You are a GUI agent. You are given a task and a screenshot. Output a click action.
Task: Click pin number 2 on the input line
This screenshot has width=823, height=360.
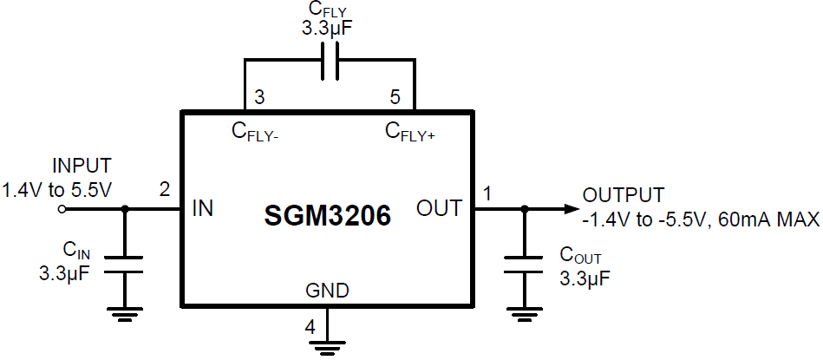pos(164,189)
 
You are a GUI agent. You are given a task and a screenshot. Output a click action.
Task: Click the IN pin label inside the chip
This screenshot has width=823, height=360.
pos(202,208)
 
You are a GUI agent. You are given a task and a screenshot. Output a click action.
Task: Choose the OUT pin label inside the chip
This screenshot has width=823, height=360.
pos(440,208)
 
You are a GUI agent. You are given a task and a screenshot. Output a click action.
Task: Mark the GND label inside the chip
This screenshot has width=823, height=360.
pos(327,291)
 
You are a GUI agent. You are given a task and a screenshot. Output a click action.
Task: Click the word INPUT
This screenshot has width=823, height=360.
pos(82,166)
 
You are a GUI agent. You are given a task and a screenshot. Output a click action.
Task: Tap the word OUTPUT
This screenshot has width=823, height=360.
pos(624,194)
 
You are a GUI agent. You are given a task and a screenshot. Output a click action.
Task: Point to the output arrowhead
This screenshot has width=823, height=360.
pos(569,208)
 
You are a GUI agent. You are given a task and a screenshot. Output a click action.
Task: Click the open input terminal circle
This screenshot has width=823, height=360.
pos(61,209)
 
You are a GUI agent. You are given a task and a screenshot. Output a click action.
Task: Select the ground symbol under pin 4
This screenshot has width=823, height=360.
pos(327,348)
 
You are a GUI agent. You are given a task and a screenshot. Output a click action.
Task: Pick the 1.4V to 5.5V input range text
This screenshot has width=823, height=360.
pos(57,187)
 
